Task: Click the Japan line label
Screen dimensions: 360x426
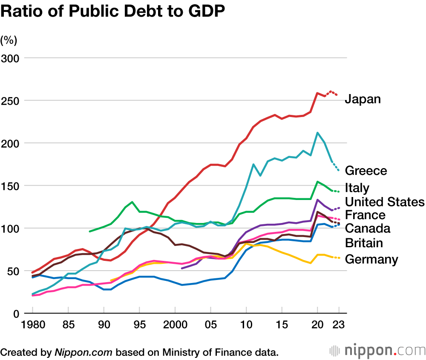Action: (363, 99)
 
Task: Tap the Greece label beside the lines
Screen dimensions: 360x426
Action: (366, 171)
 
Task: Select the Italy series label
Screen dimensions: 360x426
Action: (357, 188)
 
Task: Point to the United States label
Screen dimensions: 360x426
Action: (385, 201)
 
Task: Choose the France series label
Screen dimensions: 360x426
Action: (365, 215)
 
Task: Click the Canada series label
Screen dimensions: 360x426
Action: (367, 229)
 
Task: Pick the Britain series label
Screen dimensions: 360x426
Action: (364, 243)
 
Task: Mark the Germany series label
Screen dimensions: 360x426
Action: (371, 259)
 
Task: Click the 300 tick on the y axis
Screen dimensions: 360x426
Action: (10, 58)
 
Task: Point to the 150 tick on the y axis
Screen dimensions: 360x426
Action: (10, 186)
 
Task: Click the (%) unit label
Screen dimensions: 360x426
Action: (9, 40)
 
